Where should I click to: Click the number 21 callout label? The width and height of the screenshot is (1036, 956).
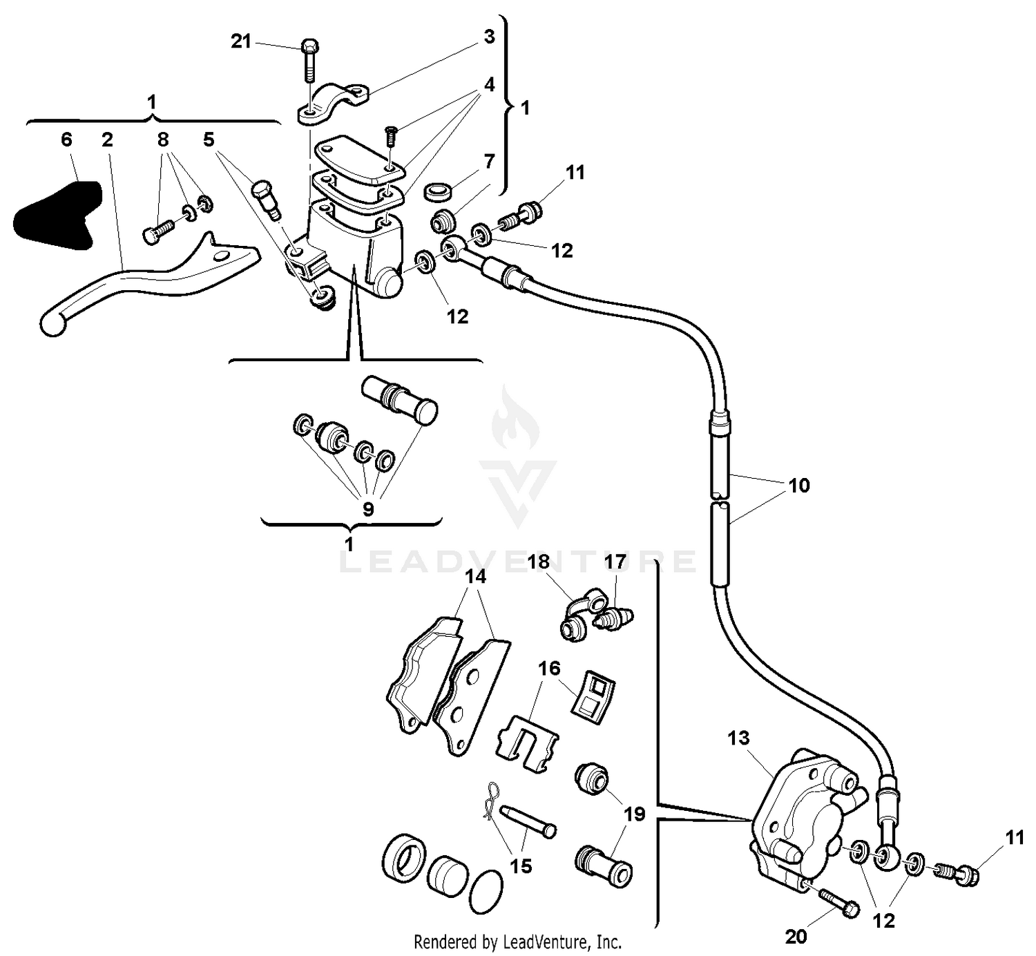point(240,41)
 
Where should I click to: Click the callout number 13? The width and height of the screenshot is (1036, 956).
point(738,738)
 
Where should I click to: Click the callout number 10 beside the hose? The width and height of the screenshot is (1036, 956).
point(799,486)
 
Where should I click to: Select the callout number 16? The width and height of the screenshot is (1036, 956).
point(550,669)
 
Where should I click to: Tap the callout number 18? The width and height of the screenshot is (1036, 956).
point(539,562)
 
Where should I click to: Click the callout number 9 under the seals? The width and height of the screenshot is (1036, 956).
point(368,510)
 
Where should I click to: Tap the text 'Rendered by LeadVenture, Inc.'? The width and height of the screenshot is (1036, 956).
point(517,941)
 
